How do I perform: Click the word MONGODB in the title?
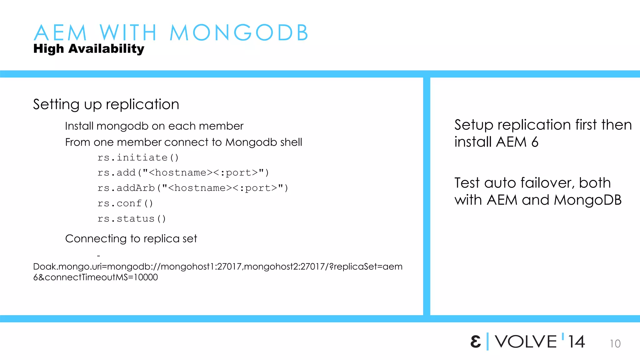tap(239, 32)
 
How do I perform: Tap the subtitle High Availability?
tap(89, 49)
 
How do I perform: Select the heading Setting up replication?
tap(106, 104)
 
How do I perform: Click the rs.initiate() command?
tap(138, 157)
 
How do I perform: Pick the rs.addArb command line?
tap(192, 188)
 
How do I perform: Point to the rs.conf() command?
tap(125, 203)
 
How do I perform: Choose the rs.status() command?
tap(132, 219)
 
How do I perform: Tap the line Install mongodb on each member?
tap(154, 126)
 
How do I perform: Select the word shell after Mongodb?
tap(291, 142)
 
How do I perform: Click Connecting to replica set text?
tap(131, 239)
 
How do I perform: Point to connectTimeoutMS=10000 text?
tap(101, 277)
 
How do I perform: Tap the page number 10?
tap(615, 344)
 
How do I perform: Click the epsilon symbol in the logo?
tap(475, 342)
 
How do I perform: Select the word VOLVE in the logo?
tap(526, 342)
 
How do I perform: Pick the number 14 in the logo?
tap(576, 342)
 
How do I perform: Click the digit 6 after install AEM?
tap(535, 142)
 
